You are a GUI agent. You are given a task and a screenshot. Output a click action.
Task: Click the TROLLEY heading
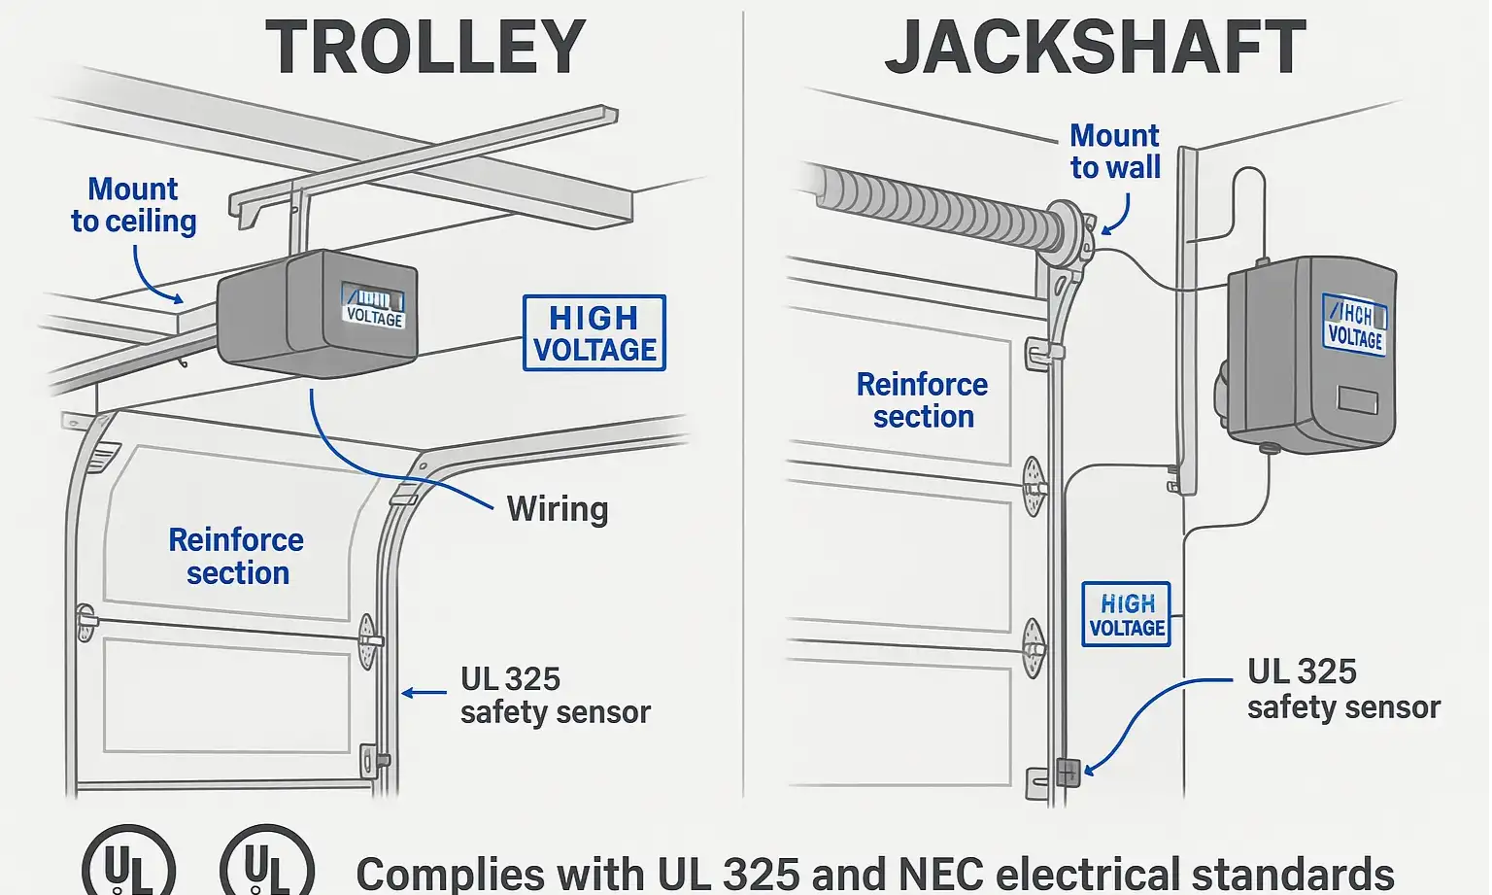(425, 48)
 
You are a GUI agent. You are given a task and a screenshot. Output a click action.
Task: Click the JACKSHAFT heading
(1095, 48)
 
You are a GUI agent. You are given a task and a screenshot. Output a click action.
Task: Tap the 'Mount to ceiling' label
(134, 205)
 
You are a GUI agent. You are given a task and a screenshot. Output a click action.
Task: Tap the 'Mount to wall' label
(1115, 152)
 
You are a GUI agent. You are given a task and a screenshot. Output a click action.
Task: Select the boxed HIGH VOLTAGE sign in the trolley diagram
(594, 333)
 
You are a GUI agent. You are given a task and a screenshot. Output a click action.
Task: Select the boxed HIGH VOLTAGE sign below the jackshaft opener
(1127, 615)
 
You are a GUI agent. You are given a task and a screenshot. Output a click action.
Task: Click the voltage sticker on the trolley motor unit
(374, 306)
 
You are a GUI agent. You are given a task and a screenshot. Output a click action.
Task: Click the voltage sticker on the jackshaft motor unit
(1355, 325)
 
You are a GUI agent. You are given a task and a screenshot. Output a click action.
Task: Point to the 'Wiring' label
(558, 509)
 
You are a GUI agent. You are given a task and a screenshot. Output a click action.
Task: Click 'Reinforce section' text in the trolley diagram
(237, 557)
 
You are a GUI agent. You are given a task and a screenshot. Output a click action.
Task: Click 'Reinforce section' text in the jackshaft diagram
(923, 400)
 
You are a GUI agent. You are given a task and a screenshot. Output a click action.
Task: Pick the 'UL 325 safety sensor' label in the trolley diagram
(555, 696)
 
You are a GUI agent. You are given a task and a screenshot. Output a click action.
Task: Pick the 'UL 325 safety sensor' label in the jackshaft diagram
(1342, 689)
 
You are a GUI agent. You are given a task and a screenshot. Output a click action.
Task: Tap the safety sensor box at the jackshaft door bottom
(1068, 773)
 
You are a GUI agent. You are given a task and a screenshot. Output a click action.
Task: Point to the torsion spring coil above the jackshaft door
(932, 207)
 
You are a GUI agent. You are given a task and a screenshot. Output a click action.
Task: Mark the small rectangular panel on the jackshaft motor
(1357, 400)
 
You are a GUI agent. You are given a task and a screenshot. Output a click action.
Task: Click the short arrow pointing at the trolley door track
(424, 693)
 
